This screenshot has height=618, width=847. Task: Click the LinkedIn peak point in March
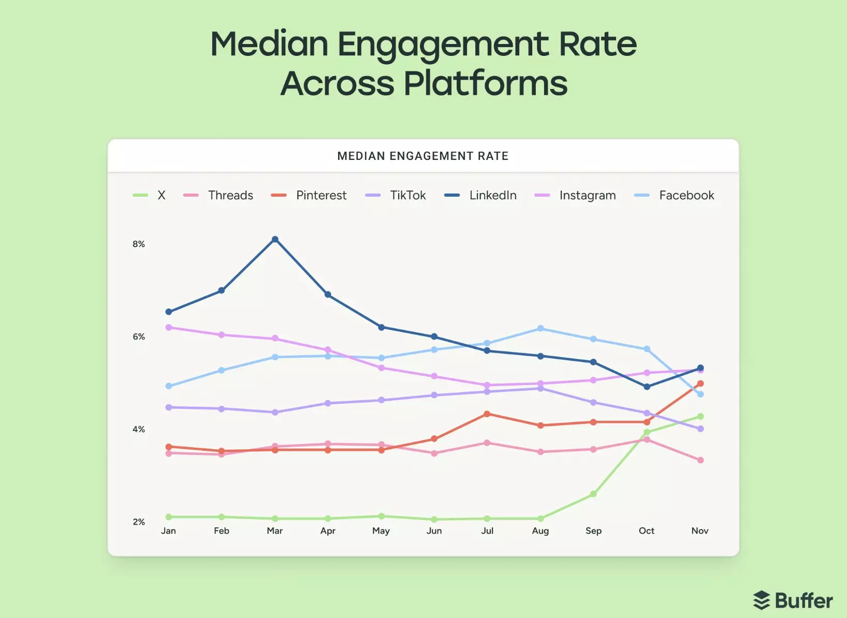click(x=275, y=239)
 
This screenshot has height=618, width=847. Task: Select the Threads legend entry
click(x=230, y=195)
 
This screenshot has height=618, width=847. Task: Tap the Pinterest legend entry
click(x=320, y=195)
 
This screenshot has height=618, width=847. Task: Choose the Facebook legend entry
click(x=686, y=195)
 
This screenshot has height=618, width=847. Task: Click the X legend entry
click(x=160, y=195)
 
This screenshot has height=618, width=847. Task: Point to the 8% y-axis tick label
click(x=139, y=244)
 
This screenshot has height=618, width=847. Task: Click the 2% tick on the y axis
click(x=139, y=522)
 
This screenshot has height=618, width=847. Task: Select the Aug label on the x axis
click(x=540, y=531)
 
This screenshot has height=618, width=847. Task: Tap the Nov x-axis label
click(x=699, y=531)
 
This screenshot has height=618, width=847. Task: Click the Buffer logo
click(x=793, y=600)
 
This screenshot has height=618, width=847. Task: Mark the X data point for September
click(x=593, y=494)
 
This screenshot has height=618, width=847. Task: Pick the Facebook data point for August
click(x=541, y=328)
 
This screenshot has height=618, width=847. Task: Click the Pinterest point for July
click(x=487, y=414)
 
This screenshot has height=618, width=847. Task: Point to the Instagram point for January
click(x=169, y=327)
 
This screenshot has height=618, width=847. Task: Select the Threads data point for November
click(x=700, y=460)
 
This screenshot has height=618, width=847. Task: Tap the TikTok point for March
click(x=275, y=412)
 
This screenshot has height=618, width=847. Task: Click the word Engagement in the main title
click(x=443, y=45)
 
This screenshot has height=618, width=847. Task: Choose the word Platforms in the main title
click(x=485, y=84)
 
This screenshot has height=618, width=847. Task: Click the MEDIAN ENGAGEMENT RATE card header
click(x=422, y=156)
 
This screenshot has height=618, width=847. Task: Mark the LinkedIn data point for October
click(x=647, y=387)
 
